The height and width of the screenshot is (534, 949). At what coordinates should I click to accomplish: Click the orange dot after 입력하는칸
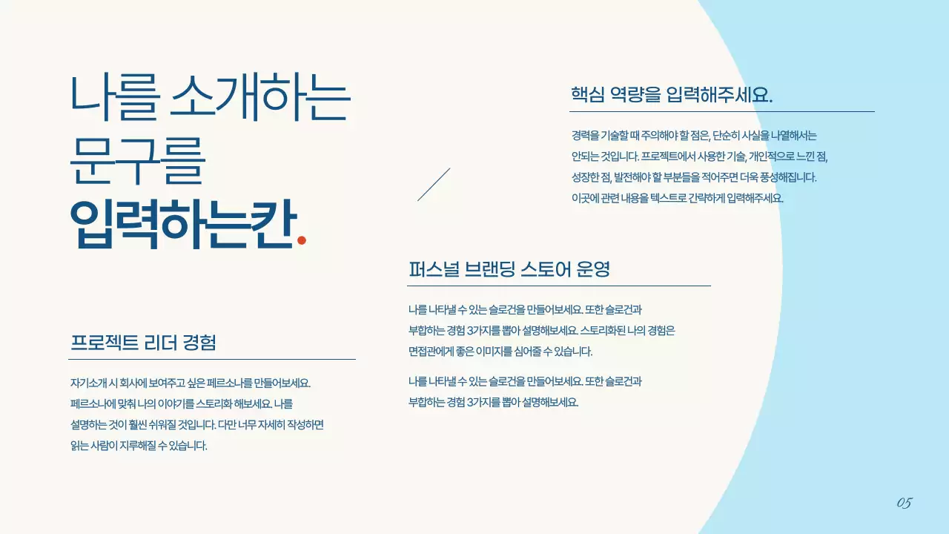(x=301, y=240)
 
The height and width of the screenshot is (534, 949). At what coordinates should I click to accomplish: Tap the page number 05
(x=904, y=504)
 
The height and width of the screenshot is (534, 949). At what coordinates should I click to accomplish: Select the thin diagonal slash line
(x=434, y=185)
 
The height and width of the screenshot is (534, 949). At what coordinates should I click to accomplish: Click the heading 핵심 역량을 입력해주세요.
(x=671, y=95)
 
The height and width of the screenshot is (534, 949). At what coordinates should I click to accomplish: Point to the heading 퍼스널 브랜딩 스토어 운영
(x=509, y=269)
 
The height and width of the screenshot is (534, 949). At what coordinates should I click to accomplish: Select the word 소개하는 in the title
(x=260, y=99)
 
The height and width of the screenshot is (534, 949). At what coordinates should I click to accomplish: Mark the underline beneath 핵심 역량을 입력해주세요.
(x=721, y=112)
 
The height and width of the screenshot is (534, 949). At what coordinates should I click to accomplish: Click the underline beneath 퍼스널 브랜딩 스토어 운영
(x=559, y=286)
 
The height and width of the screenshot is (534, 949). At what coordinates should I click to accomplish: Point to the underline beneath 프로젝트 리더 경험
(x=211, y=359)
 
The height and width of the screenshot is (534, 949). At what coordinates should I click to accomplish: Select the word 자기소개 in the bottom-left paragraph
(x=88, y=383)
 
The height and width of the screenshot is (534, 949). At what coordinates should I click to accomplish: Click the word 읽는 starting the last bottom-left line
(x=79, y=446)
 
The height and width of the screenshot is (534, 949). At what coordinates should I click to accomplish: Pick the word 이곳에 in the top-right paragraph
(x=584, y=198)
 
